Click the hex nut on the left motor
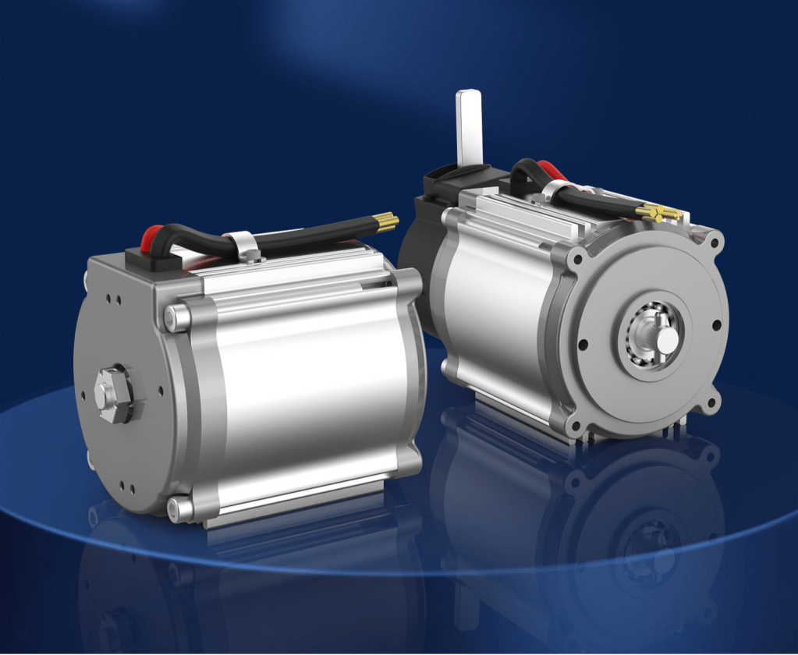click(x=112, y=393)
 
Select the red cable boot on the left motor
click(x=151, y=236)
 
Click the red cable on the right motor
click(x=552, y=170)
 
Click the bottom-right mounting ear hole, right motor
click(x=711, y=405)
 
